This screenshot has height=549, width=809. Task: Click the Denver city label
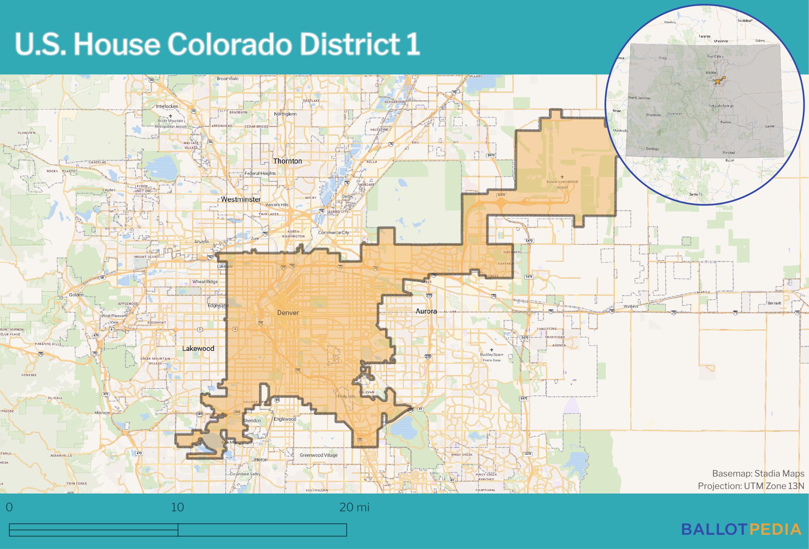coord(288,313)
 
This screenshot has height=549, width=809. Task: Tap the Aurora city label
coord(426,311)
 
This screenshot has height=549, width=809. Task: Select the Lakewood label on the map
coord(198,348)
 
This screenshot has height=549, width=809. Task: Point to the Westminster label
coord(241,200)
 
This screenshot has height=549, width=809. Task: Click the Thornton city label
coord(287,161)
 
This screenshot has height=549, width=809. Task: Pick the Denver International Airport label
coord(562,184)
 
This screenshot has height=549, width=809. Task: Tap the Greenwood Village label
coord(318,455)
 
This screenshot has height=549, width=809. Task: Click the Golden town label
coord(76,295)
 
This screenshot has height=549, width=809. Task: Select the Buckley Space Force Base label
coord(491,357)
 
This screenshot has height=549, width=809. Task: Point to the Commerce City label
coord(334,233)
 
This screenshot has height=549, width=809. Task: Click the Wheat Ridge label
coord(205,282)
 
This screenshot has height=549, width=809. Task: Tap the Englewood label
coord(285,419)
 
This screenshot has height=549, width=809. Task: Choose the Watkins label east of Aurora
coord(630,306)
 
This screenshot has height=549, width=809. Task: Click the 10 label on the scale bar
coord(177,508)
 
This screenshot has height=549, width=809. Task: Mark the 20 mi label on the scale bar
coord(354,508)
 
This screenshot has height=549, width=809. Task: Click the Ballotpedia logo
coord(741,529)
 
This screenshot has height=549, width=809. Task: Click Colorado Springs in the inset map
coord(720,106)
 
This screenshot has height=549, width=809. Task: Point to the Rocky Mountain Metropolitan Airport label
coord(171,123)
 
